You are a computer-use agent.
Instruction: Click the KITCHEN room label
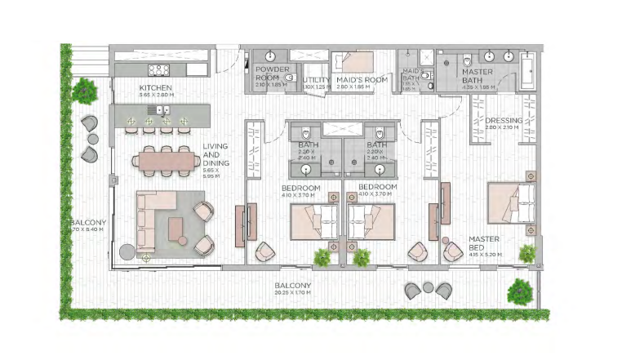tap(155, 87)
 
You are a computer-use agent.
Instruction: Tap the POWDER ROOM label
tap(267, 75)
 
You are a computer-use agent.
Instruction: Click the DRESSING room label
tap(503, 120)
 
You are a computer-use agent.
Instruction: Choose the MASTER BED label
tap(483, 244)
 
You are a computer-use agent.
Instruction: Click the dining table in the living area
tap(168, 161)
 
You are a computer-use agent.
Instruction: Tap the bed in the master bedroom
tap(512, 202)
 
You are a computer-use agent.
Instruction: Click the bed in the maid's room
tap(353, 62)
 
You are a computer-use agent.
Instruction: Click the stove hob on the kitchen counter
tap(158, 70)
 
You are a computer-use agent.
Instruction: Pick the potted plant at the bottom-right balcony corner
tap(518, 288)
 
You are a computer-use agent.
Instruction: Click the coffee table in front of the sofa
tap(177, 230)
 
